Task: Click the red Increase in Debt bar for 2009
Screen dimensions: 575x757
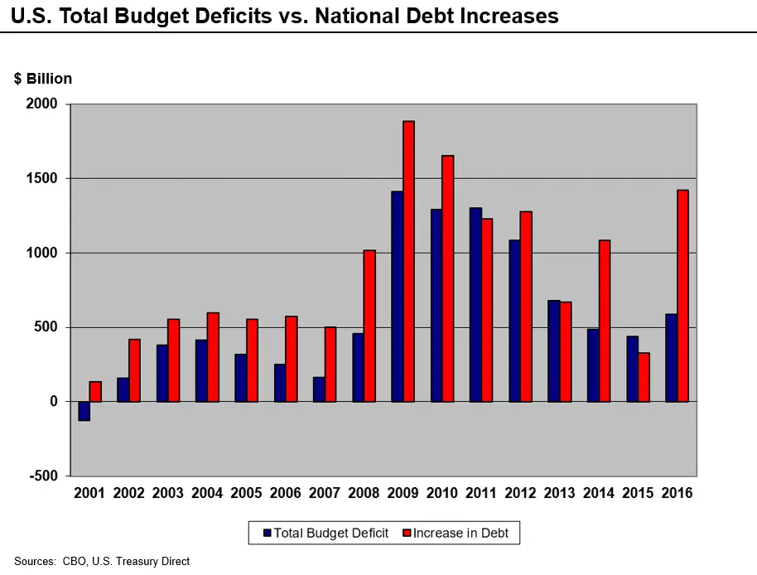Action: (408, 261)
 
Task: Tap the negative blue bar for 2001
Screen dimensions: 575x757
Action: (84, 411)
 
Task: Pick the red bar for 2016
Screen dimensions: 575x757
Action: (682, 296)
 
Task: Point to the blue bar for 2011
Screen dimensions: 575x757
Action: (475, 305)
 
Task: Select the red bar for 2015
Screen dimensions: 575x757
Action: (644, 377)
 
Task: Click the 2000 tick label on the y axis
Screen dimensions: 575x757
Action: (41, 104)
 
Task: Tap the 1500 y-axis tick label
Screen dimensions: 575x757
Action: (41, 178)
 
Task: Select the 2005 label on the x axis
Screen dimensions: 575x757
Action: (246, 493)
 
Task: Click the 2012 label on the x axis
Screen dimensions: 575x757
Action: (521, 493)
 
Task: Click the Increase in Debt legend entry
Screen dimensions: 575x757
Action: (459, 533)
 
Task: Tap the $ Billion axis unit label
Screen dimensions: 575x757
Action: (43, 79)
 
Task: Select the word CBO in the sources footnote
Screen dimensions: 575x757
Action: (73, 562)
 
